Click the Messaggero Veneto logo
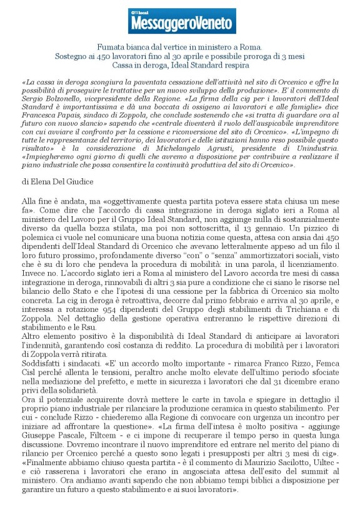point(182,21)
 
